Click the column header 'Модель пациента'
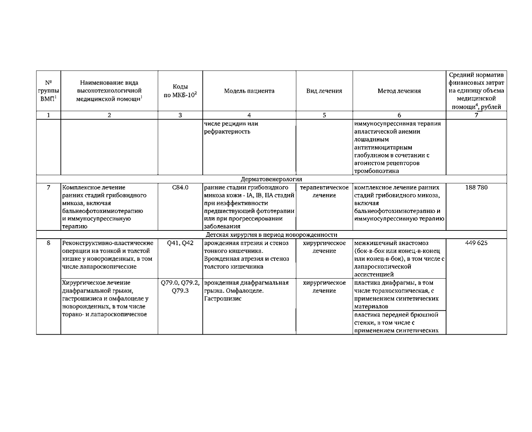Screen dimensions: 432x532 click(249, 91)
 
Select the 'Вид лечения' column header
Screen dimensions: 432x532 click(324, 91)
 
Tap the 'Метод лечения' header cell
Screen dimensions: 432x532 click(399, 91)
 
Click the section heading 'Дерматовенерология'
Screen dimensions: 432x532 click(271, 179)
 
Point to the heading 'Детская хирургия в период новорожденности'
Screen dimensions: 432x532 click(271, 235)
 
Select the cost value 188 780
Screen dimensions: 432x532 click(476, 188)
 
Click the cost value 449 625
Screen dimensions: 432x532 click(476, 243)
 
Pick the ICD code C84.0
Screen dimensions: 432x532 click(180, 188)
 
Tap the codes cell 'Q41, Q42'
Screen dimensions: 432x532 click(180, 243)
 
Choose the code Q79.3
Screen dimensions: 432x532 click(180, 291)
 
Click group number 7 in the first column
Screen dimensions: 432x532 click(48, 188)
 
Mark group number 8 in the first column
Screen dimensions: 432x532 click(48, 243)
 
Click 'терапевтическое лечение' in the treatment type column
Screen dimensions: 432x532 click(324, 191)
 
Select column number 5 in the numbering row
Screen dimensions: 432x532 click(324, 115)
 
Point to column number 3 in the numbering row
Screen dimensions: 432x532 click(180, 115)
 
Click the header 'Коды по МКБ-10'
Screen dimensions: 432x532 click(180, 91)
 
